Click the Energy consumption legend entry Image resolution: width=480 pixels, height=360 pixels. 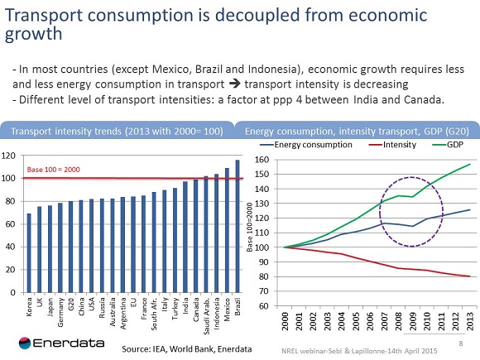(307, 145)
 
